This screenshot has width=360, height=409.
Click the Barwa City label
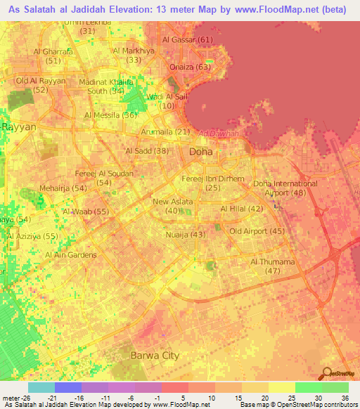click(x=155, y=356)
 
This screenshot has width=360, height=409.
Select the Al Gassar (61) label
click(x=187, y=40)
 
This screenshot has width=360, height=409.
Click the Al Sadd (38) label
click(x=147, y=150)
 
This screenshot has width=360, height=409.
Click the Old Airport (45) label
click(x=257, y=231)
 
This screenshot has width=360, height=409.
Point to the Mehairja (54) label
click(x=64, y=188)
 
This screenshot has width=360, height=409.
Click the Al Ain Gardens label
click(x=72, y=254)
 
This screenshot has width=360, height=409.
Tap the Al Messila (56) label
click(x=110, y=115)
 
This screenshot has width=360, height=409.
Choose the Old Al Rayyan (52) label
click(x=41, y=85)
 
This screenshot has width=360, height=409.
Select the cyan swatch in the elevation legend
click(x=41, y=387)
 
